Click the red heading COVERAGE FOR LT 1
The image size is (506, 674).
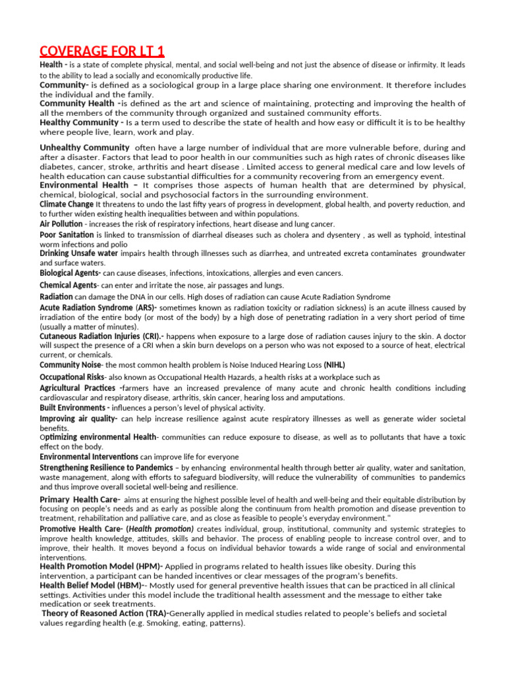point(102,51)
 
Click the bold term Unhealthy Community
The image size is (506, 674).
point(84,147)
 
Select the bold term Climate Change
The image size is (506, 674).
point(67,204)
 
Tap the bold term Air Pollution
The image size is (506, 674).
point(61,224)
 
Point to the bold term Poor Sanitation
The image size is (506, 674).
point(67,234)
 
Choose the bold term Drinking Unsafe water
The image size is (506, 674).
point(79,253)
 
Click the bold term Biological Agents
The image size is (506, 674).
point(69,272)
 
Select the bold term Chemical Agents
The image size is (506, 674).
point(68,285)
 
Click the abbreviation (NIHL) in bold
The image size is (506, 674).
point(334,365)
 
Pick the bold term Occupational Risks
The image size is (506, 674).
point(72,377)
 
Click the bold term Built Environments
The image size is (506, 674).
point(73,407)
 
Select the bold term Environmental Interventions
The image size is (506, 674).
point(89,457)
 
